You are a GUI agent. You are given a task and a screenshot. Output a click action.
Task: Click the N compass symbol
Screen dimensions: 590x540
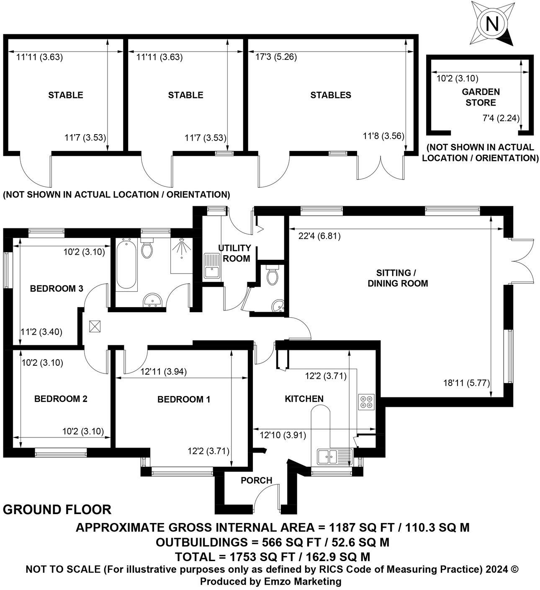(x=492, y=24)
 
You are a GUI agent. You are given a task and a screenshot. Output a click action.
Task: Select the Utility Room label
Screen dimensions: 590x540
(x=236, y=253)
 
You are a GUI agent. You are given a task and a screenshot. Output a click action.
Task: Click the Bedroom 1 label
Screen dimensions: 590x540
(x=183, y=399)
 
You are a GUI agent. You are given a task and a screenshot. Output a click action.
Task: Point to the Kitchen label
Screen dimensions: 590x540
(x=304, y=399)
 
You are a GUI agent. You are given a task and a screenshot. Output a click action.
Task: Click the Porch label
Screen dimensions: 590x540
(x=256, y=480)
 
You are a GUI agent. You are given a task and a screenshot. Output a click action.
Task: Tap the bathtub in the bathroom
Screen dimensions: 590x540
(x=126, y=265)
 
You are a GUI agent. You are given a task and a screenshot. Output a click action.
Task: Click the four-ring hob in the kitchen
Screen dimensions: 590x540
(x=366, y=402)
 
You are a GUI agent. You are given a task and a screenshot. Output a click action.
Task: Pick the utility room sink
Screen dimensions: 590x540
(x=212, y=266)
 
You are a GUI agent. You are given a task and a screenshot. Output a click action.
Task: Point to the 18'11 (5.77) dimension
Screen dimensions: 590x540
(x=465, y=382)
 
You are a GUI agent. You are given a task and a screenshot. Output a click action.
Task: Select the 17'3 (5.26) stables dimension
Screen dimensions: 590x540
(x=276, y=57)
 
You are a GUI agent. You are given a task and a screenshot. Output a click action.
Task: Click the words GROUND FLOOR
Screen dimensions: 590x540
(x=57, y=510)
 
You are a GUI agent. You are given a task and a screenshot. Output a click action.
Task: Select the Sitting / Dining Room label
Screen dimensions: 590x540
(x=397, y=278)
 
